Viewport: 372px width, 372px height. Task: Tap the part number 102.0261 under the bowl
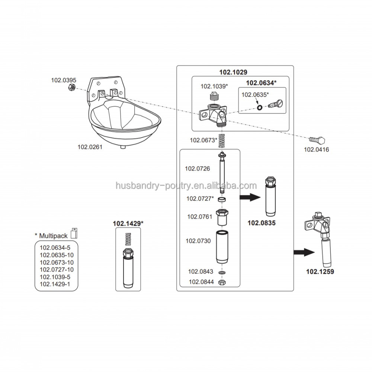coord(90,147)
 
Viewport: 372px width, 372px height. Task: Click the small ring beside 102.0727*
coord(222,200)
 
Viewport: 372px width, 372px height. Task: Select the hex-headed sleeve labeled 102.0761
coord(222,217)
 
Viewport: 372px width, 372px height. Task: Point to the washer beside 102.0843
coord(222,273)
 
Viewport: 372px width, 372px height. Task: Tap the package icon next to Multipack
coord(74,232)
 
